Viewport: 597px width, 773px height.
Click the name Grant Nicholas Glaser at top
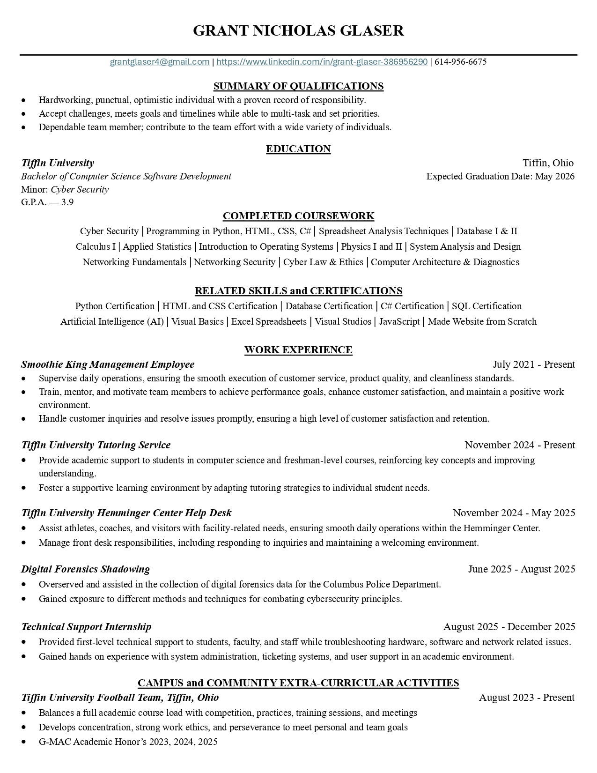click(x=298, y=31)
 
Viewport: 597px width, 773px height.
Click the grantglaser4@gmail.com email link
click(x=160, y=62)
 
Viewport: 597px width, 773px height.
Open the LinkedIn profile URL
click(x=322, y=62)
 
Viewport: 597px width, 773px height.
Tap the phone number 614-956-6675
click(x=460, y=62)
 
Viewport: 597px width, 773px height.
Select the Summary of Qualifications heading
click(x=298, y=86)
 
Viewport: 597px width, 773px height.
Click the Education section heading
click(x=298, y=149)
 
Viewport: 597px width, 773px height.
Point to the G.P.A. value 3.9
click(x=67, y=202)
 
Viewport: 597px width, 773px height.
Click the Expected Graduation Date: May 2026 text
click(x=500, y=177)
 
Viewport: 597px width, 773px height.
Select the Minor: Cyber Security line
click(x=65, y=189)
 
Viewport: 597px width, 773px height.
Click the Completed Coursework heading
click(x=298, y=216)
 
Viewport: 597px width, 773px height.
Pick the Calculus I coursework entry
click(x=96, y=247)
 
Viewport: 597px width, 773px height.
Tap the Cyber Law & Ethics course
click(x=323, y=262)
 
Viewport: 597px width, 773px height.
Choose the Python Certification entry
click(x=115, y=306)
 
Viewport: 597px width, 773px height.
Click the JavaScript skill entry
click(x=399, y=322)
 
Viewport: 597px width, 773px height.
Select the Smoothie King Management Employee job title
click(x=108, y=364)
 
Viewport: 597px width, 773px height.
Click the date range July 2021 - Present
click(x=534, y=364)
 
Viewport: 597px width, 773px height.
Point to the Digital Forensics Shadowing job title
click(x=85, y=569)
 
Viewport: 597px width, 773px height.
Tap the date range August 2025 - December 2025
click(x=509, y=627)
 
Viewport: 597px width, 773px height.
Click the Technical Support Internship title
click(x=86, y=627)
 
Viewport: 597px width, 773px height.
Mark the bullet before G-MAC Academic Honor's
click(x=24, y=742)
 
